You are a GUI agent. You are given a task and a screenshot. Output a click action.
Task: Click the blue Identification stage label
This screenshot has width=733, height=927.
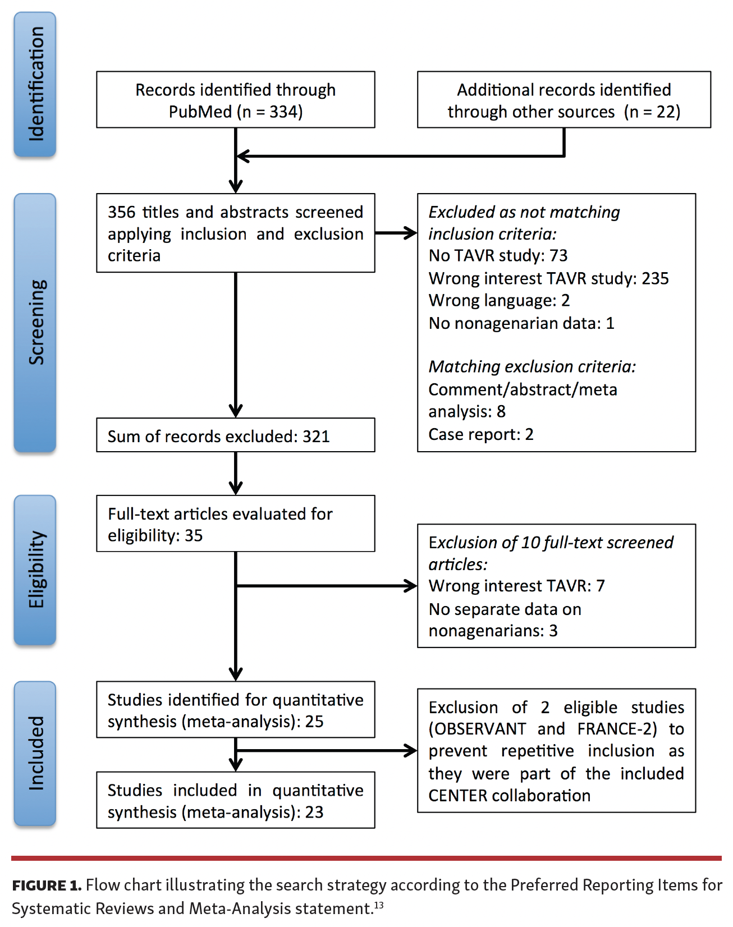point(35,84)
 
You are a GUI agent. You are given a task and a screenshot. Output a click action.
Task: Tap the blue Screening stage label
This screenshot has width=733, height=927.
point(35,323)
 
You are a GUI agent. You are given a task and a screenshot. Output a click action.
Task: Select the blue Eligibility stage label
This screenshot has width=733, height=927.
point(35,570)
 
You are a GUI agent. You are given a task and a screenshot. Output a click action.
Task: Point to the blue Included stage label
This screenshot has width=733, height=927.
point(35,753)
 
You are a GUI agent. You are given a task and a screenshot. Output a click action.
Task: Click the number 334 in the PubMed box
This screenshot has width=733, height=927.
point(283,112)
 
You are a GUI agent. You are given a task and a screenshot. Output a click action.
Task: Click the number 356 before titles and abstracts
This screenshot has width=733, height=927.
point(121,212)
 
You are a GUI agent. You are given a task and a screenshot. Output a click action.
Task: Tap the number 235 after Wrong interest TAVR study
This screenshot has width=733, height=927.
point(655,278)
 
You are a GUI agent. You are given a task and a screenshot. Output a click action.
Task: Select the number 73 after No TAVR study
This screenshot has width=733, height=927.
point(558,256)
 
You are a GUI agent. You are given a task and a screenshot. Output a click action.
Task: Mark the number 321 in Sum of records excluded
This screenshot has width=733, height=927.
point(316,437)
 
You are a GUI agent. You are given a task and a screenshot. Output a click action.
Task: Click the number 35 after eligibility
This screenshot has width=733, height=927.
point(194,535)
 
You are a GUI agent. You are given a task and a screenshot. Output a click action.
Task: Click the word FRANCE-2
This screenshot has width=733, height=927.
point(616,729)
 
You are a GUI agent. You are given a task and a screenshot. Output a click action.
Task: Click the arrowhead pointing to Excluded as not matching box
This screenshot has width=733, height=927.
point(410,233)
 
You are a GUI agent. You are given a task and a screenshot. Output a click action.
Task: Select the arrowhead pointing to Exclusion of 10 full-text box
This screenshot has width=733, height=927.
point(410,586)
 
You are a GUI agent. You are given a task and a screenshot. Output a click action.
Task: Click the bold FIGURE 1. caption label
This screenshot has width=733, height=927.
point(47,885)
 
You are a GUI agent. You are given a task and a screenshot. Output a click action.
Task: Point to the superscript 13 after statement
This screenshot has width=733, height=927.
point(379,905)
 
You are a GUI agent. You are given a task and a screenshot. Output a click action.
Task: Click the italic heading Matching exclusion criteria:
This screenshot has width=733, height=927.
point(532,367)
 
